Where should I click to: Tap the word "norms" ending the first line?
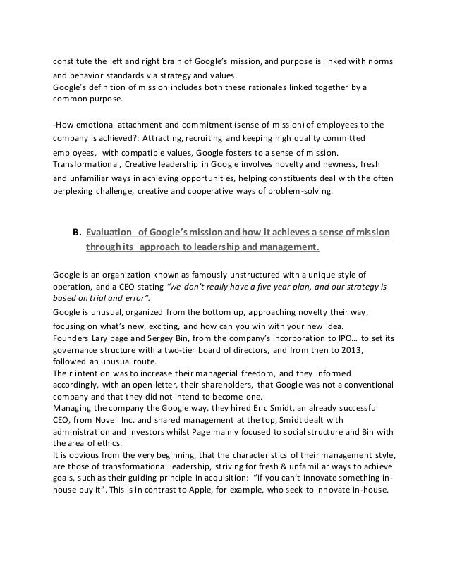(379, 59)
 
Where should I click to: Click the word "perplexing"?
(77, 190)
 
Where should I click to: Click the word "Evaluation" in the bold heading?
(110, 233)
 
